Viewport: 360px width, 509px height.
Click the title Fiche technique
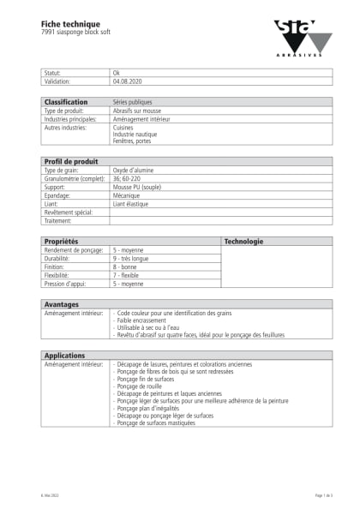tap(70, 23)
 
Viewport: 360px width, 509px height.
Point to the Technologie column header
tap(243, 242)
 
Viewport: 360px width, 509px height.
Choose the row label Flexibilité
tap(62, 275)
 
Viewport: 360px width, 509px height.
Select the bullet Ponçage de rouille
tap(143, 386)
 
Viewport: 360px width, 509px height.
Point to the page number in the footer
tap(323, 495)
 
